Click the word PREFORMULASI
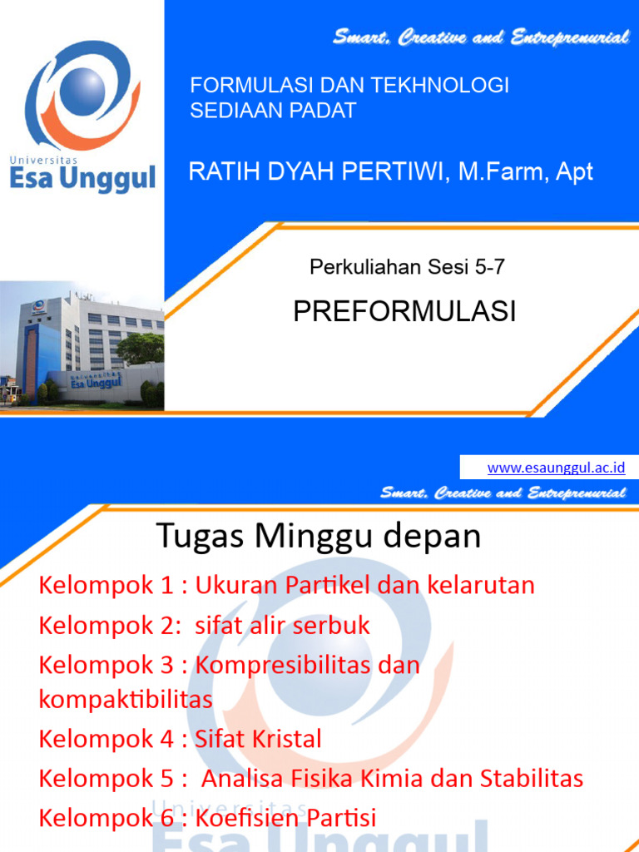pyautogui.click(x=404, y=311)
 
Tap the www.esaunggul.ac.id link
pyautogui.click(x=556, y=468)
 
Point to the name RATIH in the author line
pyautogui.click(x=221, y=172)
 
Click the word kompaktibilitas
pyautogui.click(x=126, y=699)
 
